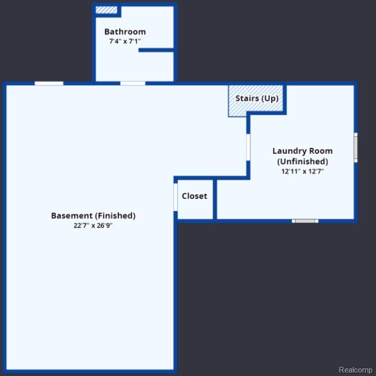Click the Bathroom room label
(125, 32)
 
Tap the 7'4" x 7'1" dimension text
(125, 42)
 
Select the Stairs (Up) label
(257, 98)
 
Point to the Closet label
(195, 196)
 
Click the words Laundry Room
(302, 151)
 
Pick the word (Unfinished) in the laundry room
(303, 161)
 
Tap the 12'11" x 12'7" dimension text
(302, 171)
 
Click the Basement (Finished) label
(93, 216)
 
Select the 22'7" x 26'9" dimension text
(93, 226)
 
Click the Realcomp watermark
(355, 370)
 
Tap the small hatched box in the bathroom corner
(106, 10)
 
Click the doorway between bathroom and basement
(133, 83)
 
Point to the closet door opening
(175, 197)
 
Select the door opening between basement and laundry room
(249, 147)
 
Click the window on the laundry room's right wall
(355, 147)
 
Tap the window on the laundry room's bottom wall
(305, 221)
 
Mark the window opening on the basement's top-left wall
(49, 83)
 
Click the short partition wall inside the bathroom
(156, 50)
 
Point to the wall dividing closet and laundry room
(215, 199)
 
